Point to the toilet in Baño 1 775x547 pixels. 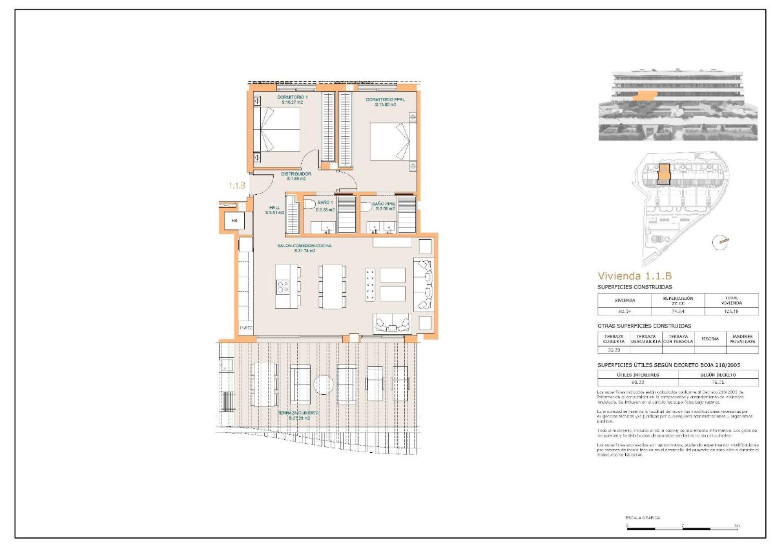click(x=310, y=206)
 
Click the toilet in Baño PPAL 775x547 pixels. click(x=367, y=206)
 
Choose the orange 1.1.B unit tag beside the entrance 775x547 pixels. click(x=237, y=185)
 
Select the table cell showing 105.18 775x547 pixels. click(x=731, y=311)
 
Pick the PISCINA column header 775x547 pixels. click(x=710, y=339)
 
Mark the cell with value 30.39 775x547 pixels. click(x=614, y=350)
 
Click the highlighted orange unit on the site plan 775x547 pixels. click(x=663, y=174)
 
